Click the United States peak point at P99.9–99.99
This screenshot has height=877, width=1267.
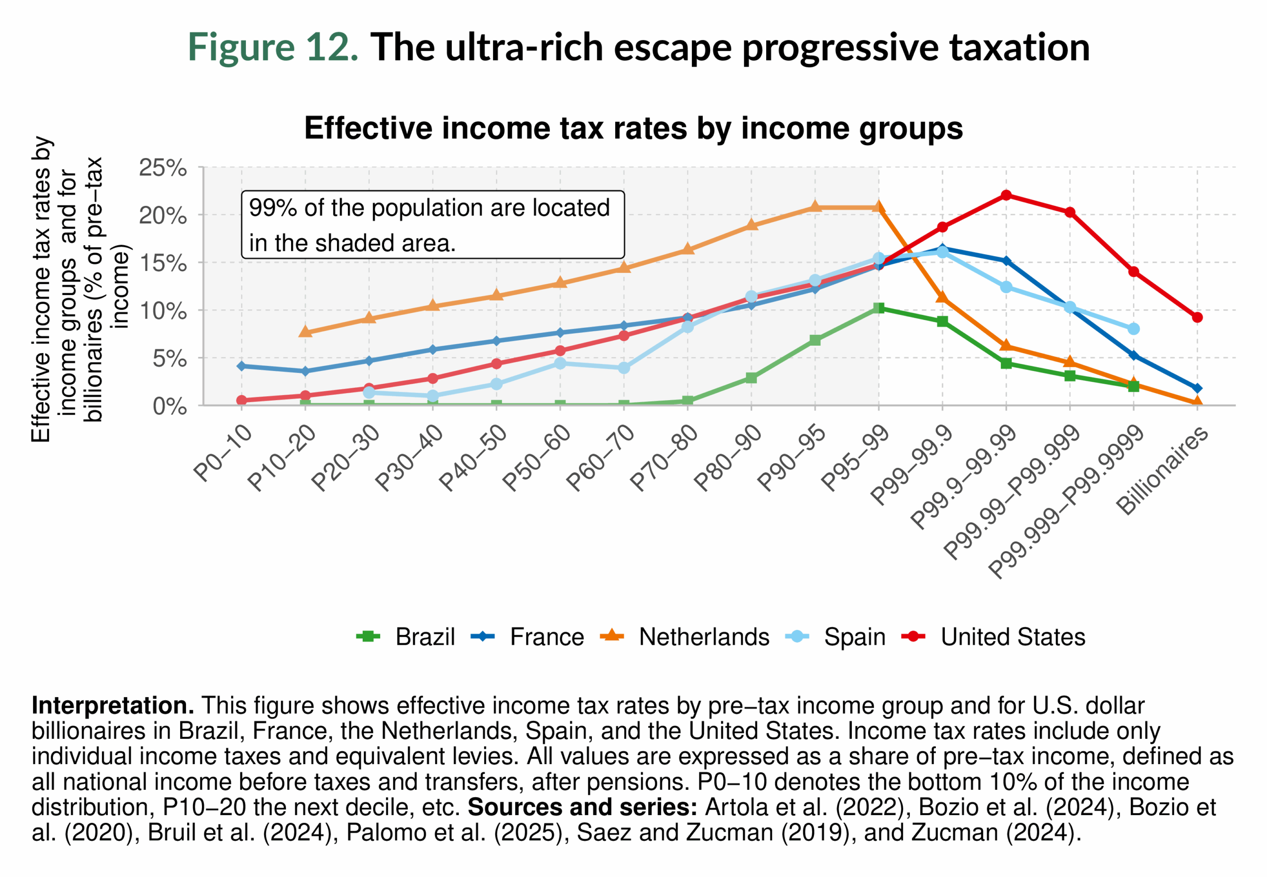click(x=1006, y=195)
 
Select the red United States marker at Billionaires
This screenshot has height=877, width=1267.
click(x=1197, y=317)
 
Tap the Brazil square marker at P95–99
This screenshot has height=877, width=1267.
click(x=878, y=308)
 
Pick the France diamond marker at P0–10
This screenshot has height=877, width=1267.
click(x=241, y=366)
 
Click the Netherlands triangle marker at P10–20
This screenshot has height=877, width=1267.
click(x=305, y=332)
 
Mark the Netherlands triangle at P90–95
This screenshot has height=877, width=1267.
click(x=815, y=207)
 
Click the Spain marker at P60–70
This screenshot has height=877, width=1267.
click(x=623, y=367)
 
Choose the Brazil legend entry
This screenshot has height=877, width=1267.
click(x=406, y=637)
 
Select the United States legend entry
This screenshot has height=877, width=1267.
click(x=994, y=637)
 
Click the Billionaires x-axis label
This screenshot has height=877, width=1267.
click(x=1162, y=471)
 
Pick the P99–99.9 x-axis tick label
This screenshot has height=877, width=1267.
click(x=912, y=465)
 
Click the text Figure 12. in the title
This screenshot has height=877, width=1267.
click(x=273, y=47)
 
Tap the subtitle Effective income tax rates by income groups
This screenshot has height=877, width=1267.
click(x=633, y=128)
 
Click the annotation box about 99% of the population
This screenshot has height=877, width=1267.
click(x=432, y=225)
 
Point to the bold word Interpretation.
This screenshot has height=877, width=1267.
click(x=112, y=706)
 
